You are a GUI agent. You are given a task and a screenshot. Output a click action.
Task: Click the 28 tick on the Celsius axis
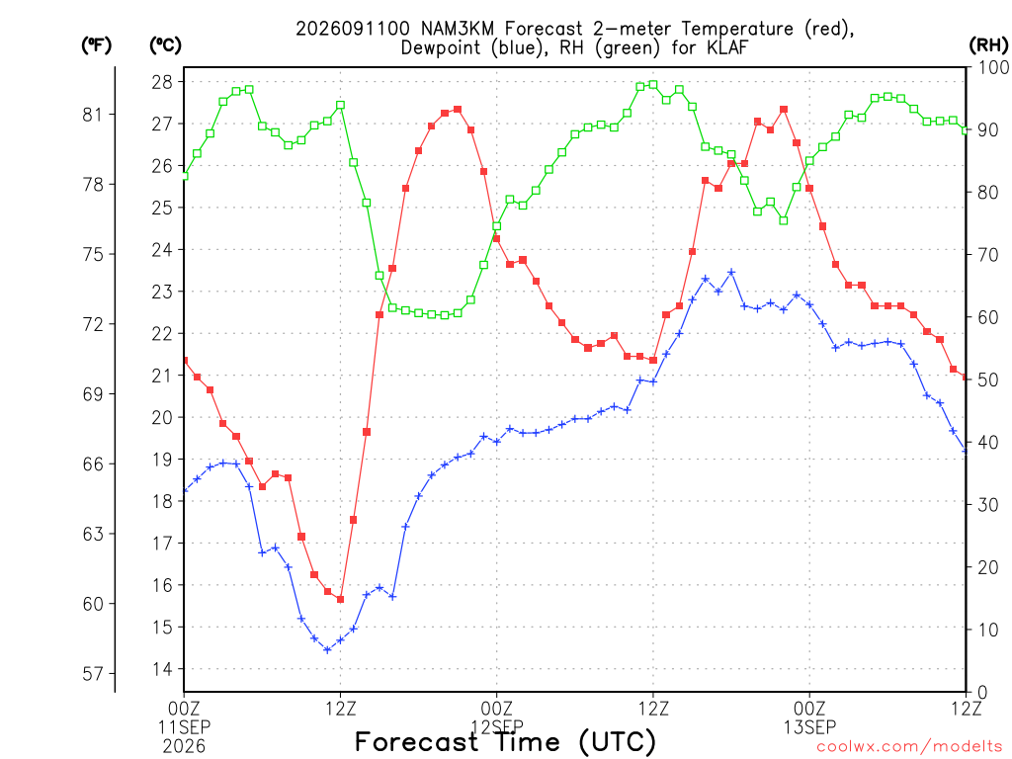162,82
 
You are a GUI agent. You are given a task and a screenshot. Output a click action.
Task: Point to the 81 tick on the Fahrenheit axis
92,115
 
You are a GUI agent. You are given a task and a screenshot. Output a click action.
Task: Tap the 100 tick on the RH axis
994,67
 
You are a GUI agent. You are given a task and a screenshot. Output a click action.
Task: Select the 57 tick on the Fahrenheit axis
93,674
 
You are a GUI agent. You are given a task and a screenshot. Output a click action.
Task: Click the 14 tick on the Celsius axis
162,669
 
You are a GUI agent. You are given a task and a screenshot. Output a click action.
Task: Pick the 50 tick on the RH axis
988,380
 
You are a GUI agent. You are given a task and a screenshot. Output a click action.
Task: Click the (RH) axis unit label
988,45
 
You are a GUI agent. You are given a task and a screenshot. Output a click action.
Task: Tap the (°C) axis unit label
165,45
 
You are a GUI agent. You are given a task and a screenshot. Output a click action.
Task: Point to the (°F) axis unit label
96,45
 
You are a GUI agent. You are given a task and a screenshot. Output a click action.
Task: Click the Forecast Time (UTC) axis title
505,741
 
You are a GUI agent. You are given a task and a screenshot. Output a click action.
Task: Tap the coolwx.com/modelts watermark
909,747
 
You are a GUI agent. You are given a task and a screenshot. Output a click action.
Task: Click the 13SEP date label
809,727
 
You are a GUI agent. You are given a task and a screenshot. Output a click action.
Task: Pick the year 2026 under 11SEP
184,747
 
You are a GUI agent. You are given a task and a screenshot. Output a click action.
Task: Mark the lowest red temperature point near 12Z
340,600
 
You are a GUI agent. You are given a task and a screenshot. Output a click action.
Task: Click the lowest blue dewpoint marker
327,650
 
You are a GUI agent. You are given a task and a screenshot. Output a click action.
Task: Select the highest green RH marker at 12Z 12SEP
653,85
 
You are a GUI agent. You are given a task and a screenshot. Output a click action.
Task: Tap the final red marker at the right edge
965,377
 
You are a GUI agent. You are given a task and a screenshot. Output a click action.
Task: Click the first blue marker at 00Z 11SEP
185,490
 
